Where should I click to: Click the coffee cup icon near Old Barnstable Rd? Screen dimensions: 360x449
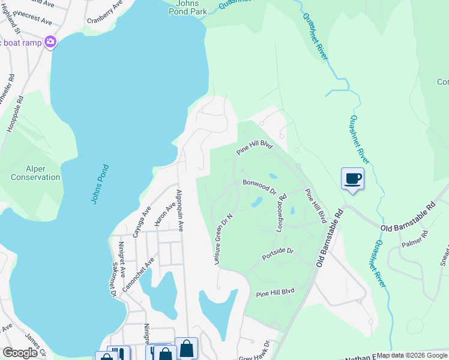(x=352, y=178)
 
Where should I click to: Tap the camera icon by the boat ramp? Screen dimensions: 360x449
(x=50, y=42)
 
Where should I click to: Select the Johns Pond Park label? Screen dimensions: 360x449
(x=185, y=7)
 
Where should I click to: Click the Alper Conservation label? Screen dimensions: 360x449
(x=35, y=173)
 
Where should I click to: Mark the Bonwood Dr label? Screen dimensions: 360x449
(x=259, y=187)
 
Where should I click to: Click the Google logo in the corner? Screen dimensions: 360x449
(x=20, y=352)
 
